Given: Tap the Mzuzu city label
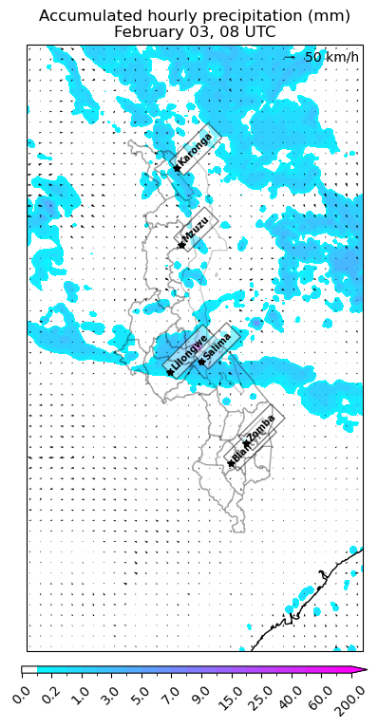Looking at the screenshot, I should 197,228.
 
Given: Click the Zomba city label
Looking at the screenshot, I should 262,427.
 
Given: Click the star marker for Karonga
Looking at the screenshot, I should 176,169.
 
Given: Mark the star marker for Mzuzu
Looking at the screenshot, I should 180,247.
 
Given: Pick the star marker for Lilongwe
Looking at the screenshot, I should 170,372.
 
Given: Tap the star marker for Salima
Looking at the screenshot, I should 200,362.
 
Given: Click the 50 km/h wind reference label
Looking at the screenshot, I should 331,58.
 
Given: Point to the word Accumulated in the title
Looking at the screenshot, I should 84,16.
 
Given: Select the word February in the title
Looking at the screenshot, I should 149,31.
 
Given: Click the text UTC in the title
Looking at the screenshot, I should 261,31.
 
